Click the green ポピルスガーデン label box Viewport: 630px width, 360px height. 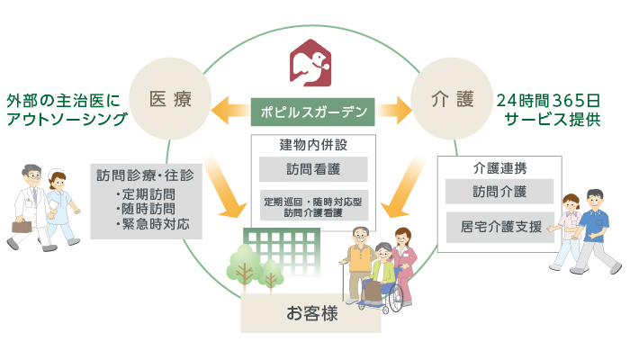pyautogui.click(x=312, y=112)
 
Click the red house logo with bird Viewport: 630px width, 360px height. pyautogui.click(x=311, y=63)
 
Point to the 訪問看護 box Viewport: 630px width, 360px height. pyautogui.click(x=312, y=169)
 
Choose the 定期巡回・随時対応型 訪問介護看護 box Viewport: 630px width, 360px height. pyautogui.click(x=312, y=206)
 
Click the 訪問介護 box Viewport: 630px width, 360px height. pyautogui.click(x=499, y=192)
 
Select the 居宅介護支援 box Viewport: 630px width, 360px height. pyautogui.click(x=499, y=226)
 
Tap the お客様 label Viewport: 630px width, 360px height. pyautogui.click(x=310, y=313)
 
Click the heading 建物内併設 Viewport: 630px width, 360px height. pyautogui.click(x=312, y=145)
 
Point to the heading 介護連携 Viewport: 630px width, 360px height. pyautogui.click(x=499, y=167)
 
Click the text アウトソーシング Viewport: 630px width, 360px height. pyautogui.click(x=66, y=119)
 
